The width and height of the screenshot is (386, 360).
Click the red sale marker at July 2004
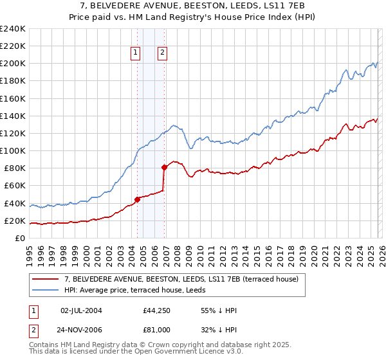tap(137, 199)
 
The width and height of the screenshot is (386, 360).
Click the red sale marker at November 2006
tap(165, 167)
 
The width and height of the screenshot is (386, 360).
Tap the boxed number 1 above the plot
tap(136, 53)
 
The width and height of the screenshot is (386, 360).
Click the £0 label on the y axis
tap(20, 239)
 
